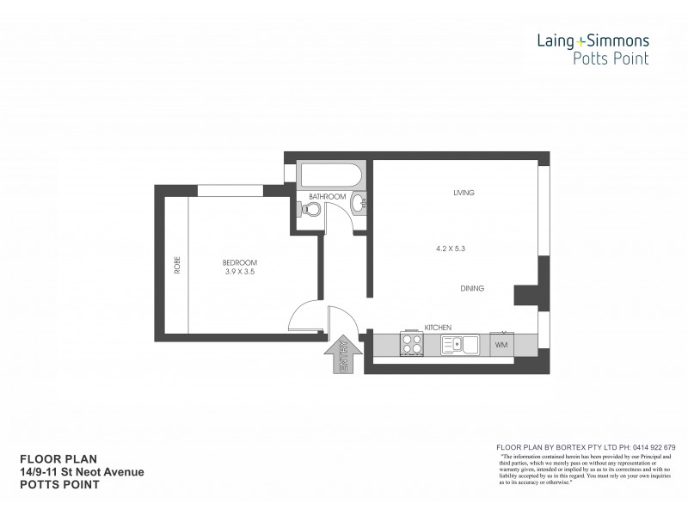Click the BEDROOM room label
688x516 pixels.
[x=240, y=261]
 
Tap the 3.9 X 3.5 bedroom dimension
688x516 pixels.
[x=240, y=272]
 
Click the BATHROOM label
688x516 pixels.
[x=328, y=197]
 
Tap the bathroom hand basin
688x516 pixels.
[x=359, y=203]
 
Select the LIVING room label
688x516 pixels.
[x=465, y=193]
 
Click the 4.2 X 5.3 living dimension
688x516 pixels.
[x=451, y=249]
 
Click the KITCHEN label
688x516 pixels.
[x=439, y=328]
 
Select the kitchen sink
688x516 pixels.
[x=458, y=345]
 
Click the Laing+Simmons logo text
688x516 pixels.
[x=594, y=40]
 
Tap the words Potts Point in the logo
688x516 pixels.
[x=611, y=58]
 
